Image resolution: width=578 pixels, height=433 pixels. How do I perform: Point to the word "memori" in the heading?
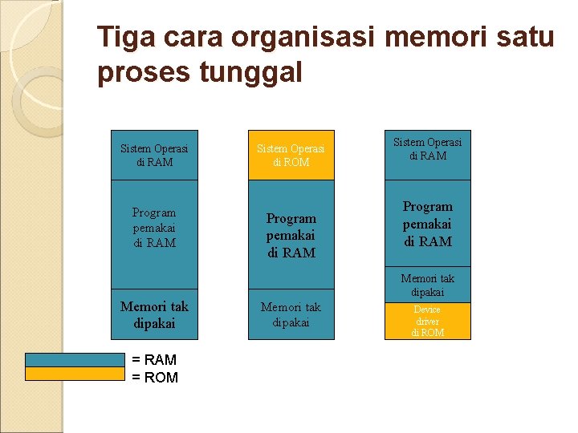click(435, 37)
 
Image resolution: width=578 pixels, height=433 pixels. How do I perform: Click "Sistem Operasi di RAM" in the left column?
click(154, 156)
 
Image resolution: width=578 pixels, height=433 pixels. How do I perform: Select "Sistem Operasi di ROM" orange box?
click(291, 156)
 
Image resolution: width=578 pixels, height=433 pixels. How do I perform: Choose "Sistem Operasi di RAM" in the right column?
click(427, 149)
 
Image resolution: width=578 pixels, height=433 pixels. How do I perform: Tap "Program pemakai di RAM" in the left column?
click(154, 228)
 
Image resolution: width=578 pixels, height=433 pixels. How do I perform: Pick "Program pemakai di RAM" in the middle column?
click(291, 235)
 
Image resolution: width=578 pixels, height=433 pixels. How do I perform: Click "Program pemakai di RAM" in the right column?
click(427, 224)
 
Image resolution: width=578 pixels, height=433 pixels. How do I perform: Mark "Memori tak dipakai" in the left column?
click(154, 315)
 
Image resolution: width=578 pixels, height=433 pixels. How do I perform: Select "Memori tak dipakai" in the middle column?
click(291, 315)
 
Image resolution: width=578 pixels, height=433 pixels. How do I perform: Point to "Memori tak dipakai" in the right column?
click(427, 285)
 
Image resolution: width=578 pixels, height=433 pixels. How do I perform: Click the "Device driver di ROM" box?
click(427, 321)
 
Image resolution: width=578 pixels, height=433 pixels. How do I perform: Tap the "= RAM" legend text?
click(154, 360)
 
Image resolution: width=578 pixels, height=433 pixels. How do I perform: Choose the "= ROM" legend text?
click(154, 377)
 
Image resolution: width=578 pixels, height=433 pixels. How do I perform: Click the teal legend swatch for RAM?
click(75, 360)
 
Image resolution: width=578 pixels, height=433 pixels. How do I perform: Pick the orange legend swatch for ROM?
click(75, 374)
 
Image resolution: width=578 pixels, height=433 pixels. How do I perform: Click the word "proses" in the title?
click(141, 73)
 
